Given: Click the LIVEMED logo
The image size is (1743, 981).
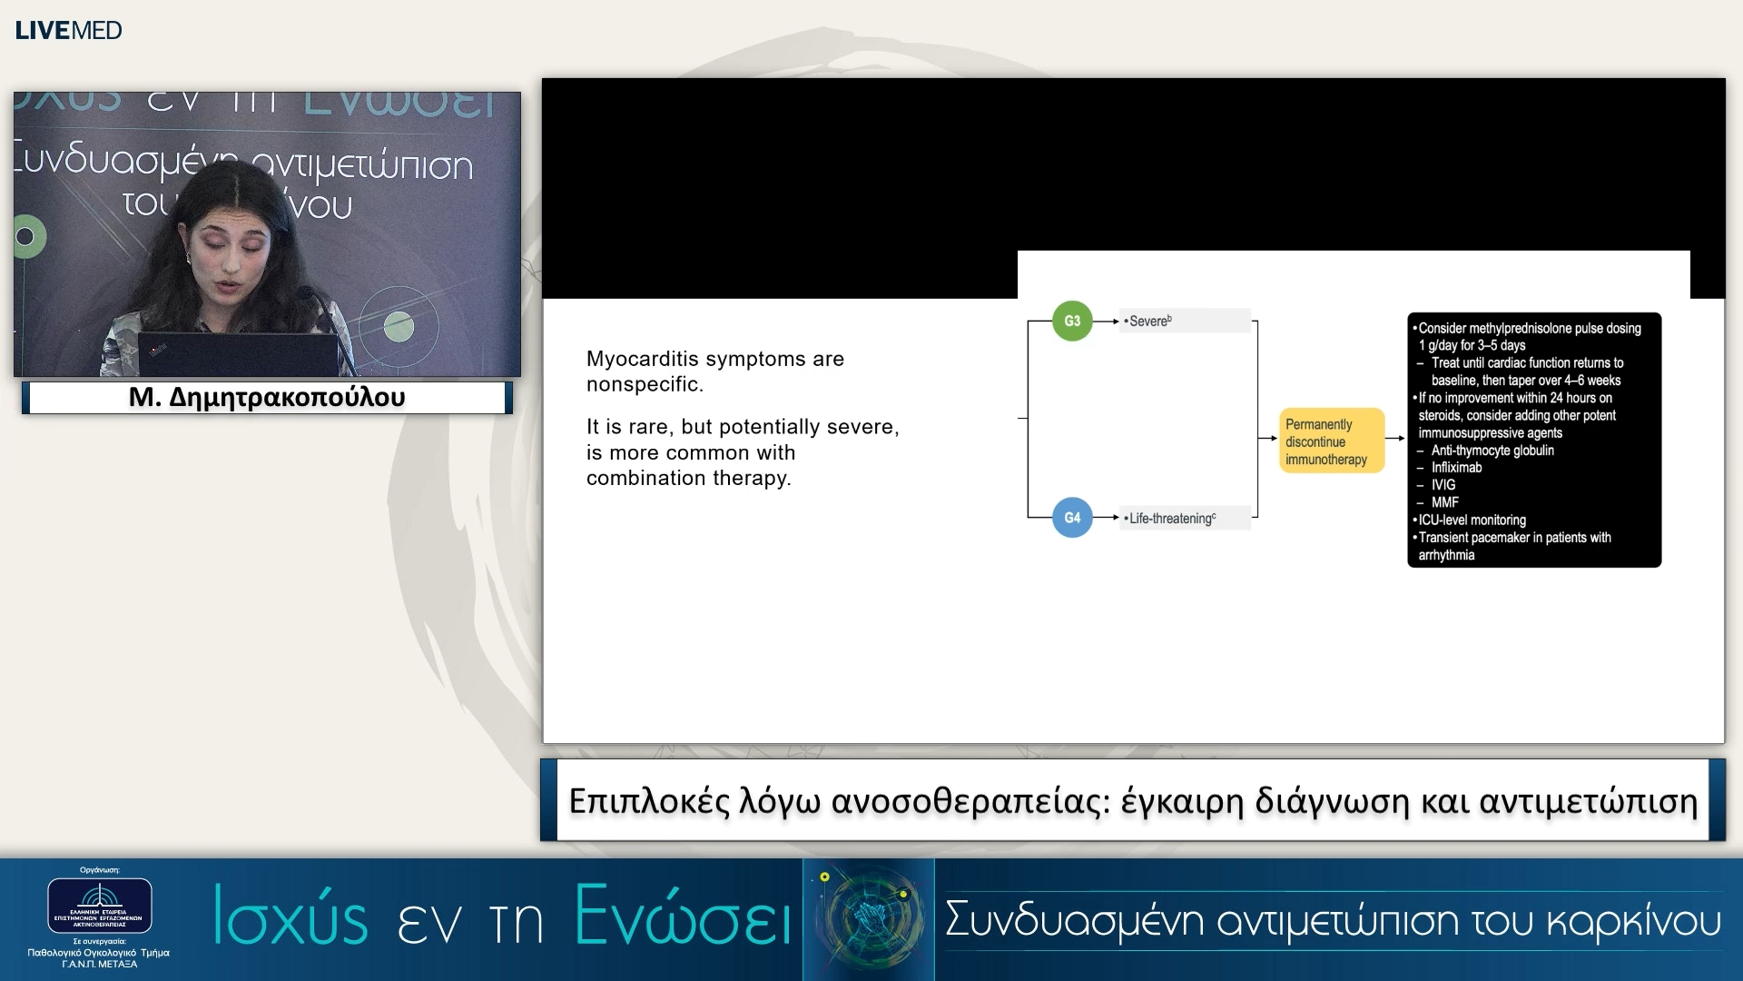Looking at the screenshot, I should click(68, 30).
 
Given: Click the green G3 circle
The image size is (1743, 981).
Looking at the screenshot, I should click(1072, 321).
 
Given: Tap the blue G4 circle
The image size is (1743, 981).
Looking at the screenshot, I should click(1072, 518).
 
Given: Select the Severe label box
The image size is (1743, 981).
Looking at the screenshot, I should click(1185, 321).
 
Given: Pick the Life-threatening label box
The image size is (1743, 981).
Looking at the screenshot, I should click(1185, 518).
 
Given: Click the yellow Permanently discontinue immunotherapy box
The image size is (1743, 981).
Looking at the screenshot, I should click(1331, 441).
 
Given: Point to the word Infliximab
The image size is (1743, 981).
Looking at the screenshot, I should click(1456, 468).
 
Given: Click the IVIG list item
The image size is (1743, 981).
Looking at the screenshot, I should click(1443, 485).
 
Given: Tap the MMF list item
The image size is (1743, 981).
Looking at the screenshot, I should click(1445, 502).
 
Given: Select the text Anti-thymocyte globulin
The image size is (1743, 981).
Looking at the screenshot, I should click(1492, 451).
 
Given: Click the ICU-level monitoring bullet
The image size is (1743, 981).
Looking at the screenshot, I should click(1472, 520).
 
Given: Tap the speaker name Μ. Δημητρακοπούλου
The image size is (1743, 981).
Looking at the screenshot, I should click(267, 398).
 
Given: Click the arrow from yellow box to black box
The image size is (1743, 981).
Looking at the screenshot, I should click(1396, 439).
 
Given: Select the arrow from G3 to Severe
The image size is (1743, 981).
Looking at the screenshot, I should click(1106, 321).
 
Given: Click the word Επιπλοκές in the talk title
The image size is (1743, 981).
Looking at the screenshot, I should click(649, 801).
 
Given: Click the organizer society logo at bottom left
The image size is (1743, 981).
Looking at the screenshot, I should click(100, 905).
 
